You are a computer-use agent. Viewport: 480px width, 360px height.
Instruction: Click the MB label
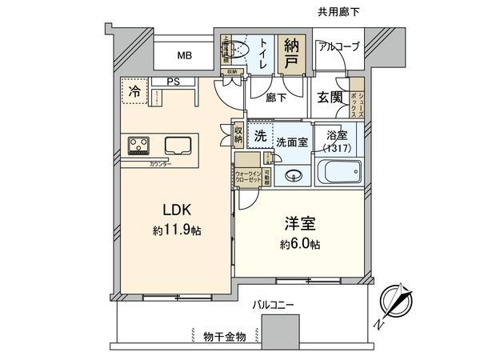tap(184, 55)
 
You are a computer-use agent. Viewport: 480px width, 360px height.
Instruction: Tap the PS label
tap(174, 81)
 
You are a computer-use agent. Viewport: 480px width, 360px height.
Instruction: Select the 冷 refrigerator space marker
tap(134, 92)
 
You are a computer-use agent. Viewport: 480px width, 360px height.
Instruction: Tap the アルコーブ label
tap(339, 46)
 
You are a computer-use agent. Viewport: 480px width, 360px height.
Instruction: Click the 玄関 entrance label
tap(330, 98)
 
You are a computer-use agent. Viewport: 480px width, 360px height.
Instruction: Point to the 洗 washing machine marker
tap(260, 135)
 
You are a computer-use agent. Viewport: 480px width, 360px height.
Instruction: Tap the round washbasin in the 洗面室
tap(293, 176)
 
